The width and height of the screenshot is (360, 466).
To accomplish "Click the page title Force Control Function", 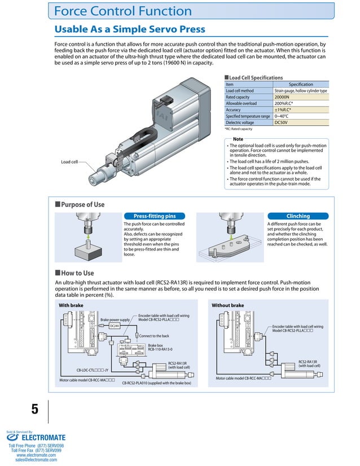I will (x=123, y=11).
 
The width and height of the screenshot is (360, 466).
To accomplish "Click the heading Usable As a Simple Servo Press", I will (x=129, y=29).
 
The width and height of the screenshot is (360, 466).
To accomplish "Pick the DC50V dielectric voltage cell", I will (x=282, y=122).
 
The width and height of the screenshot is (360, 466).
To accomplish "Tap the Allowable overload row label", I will (x=241, y=103).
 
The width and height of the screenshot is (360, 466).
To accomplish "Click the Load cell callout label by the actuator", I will (x=69, y=162).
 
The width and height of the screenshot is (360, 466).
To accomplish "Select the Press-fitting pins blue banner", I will (x=154, y=216).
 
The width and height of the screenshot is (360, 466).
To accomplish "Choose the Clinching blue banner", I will (x=298, y=216).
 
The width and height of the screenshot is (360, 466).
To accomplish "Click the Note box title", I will (x=238, y=139).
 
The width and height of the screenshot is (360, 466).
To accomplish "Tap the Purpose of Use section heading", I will (x=82, y=205).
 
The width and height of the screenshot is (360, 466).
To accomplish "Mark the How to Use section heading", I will (x=77, y=272).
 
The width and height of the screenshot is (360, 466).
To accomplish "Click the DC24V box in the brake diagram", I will (x=114, y=326).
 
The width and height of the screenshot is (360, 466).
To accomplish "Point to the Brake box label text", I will (x=155, y=345).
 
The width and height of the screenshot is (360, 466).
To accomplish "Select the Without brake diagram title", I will (x=227, y=305).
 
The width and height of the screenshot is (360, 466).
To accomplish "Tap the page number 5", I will (x=34, y=410).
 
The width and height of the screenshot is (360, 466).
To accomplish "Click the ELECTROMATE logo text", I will (x=43, y=437).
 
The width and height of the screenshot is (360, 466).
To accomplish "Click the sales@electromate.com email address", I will (x=36, y=460).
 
